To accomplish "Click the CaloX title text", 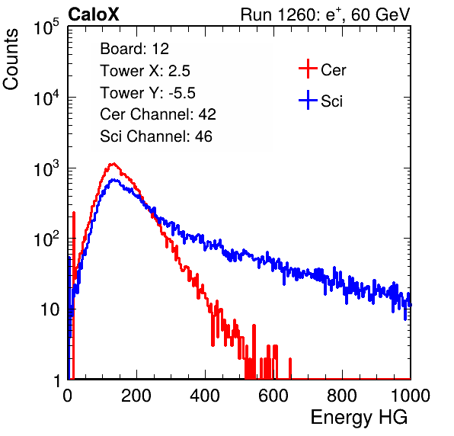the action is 94,14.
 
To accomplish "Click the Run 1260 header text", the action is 325,14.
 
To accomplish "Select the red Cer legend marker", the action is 308,69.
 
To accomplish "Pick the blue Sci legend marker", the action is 308,101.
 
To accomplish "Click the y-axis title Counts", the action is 11,59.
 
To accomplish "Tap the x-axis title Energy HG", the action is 359,418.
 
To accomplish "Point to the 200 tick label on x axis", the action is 136,396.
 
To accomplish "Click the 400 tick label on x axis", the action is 205,396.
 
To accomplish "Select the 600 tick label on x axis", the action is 273,396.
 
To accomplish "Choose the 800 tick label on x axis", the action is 342,396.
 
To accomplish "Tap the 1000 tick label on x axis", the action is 411,396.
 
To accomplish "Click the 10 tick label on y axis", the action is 50,310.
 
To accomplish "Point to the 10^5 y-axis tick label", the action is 46,27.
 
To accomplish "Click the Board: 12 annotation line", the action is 134,49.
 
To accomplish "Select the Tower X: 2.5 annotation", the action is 145,71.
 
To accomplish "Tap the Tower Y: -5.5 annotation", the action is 148,93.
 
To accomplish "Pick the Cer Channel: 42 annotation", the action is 158,114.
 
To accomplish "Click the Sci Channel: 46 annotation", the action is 156,136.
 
